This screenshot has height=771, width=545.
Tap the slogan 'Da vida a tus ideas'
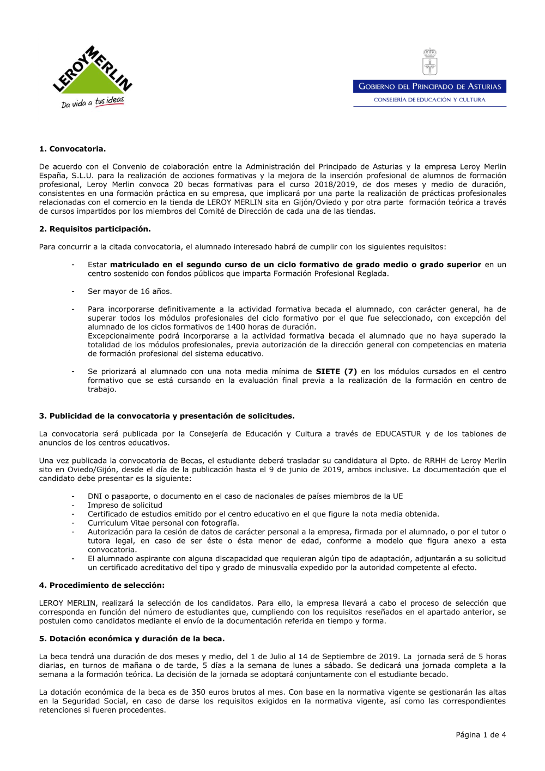[93, 102]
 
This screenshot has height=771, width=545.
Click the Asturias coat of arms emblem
[430, 62]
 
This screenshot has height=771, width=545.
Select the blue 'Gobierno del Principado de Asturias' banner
[429, 86]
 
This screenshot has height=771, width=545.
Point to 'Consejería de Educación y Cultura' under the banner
[429, 100]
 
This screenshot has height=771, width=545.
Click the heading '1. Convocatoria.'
[72, 149]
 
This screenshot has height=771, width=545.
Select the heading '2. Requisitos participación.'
[95, 229]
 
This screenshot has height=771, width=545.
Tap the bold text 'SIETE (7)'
[336, 371]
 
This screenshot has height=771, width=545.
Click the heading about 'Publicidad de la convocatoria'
[167, 416]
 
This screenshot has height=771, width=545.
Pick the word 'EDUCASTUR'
[398, 434]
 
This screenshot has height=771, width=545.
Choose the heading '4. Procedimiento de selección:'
[102, 585]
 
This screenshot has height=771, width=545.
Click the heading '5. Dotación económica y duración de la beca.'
[132, 639]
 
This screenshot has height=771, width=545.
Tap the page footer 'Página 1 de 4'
[481, 734]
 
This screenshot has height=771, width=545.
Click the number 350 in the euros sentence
[198, 692]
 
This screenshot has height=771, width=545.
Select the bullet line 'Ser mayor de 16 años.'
[130, 291]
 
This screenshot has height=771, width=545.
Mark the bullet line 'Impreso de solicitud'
[125, 505]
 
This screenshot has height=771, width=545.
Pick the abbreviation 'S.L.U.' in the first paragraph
[83, 176]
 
